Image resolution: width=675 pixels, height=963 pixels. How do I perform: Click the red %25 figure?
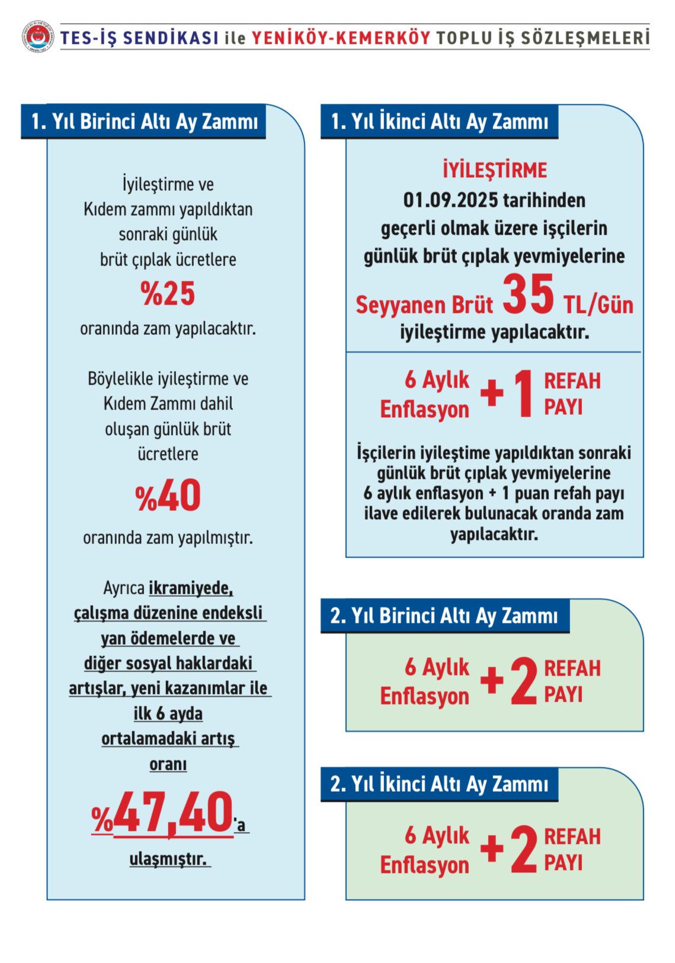click(168, 293)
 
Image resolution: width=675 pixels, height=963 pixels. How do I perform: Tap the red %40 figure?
click(168, 495)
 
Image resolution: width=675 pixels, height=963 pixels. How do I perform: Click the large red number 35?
click(528, 295)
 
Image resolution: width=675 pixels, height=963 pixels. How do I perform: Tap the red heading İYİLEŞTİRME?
click(495, 171)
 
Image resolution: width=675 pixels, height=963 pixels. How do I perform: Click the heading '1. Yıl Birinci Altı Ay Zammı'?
click(144, 121)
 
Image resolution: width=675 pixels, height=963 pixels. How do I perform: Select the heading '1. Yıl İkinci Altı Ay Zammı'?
click(439, 121)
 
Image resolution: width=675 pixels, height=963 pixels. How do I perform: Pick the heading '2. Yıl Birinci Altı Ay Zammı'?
click(444, 616)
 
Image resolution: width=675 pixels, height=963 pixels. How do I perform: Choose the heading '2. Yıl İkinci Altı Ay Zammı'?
click(439, 784)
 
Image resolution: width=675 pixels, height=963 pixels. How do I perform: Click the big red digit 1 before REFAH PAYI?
click(523, 394)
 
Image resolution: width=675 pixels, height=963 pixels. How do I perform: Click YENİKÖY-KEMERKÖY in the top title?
click(341, 38)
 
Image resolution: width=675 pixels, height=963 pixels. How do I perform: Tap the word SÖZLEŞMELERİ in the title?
click(585, 38)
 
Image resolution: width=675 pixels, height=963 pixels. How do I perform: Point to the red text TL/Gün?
click(598, 305)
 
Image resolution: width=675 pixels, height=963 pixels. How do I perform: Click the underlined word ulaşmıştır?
click(168, 859)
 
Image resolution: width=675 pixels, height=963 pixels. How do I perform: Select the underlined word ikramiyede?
click(190, 588)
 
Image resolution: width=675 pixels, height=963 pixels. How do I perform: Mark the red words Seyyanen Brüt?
click(424, 305)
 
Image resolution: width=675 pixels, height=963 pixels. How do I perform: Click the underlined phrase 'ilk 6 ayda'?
click(168, 714)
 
